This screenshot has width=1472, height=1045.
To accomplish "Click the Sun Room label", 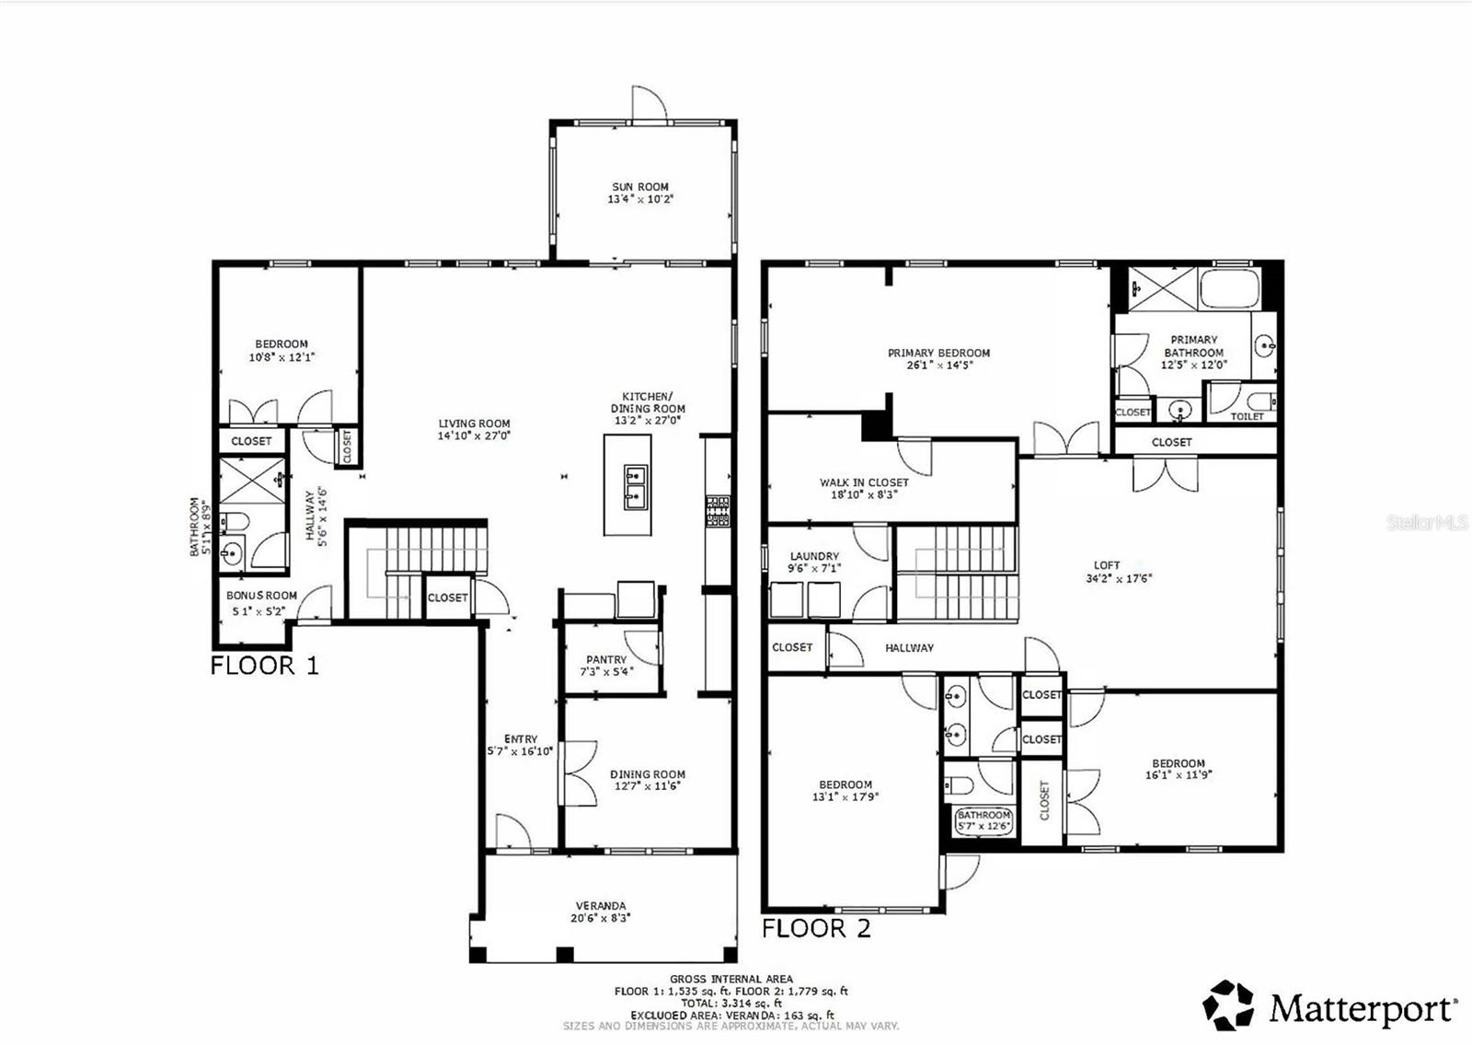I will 640,187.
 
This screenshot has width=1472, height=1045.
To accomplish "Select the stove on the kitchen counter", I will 718,512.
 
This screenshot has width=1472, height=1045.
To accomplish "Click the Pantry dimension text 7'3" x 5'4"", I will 606,672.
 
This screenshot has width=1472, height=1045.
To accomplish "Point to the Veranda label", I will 601,906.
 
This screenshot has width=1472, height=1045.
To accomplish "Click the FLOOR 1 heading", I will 264,666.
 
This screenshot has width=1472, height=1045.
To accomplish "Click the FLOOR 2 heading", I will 816,928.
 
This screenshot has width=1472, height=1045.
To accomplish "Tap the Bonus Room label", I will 261,596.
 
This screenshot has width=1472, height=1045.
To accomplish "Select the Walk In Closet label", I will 864,482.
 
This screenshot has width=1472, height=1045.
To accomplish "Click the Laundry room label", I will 814,556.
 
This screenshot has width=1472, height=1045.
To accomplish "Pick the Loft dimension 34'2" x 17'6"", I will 1119,579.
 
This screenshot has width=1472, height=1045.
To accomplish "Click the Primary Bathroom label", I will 1193,346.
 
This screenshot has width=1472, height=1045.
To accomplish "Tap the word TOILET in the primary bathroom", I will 1247,416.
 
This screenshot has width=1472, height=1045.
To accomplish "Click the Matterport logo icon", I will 1228,1004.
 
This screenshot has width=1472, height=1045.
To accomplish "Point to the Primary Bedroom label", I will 938,353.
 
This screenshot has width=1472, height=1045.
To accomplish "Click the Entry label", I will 521,738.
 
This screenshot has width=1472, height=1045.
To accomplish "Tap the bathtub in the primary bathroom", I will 1228,289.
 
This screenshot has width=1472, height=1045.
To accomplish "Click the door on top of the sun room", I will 647,103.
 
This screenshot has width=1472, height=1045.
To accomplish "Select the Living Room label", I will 474,424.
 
